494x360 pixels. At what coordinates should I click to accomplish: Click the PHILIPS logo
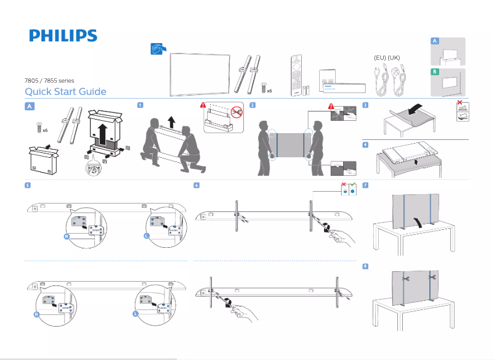click(63, 36)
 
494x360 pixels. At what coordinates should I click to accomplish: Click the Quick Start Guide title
click(65, 92)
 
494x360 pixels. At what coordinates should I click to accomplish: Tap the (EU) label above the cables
click(380, 57)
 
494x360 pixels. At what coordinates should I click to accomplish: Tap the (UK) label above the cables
click(394, 57)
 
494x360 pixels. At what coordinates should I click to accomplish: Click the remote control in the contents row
click(298, 75)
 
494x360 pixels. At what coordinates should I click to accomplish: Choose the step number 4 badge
click(366, 145)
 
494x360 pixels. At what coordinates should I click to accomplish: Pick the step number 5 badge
click(27, 185)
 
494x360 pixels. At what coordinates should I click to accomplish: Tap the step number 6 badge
click(196, 185)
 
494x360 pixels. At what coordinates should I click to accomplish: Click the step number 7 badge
click(366, 185)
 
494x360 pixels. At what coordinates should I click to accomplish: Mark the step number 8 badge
click(366, 266)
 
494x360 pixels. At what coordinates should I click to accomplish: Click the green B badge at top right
click(435, 72)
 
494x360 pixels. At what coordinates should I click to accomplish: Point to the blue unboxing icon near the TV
click(158, 49)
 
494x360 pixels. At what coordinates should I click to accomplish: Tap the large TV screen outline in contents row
click(201, 72)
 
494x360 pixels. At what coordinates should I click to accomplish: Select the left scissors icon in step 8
click(405, 279)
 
